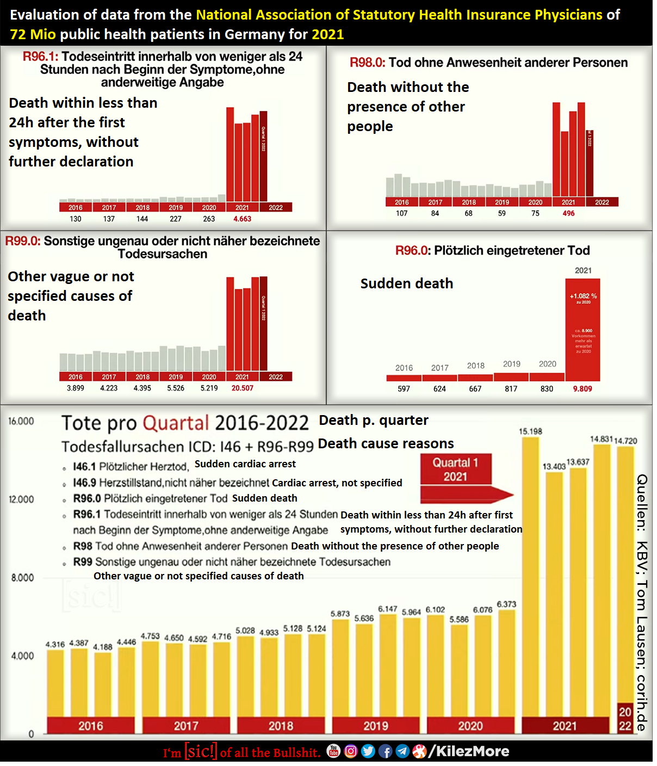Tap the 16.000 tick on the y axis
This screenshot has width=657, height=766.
pyautogui.click(x=21, y=421)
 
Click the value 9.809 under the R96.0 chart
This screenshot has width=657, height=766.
pyautogui.click(x=582, y=389)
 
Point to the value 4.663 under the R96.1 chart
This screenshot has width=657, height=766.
pyautogui.click(x=242, y=219)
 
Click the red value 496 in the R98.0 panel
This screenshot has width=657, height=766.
pyautogui.click(x=568, y=214)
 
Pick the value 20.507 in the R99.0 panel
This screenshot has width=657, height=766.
pyautogui.click(x=242, y=388)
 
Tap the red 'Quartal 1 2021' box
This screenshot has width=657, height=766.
pyautogui.click(x=455, y=470)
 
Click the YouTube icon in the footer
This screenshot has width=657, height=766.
pyautogui.click(x=333, y=751)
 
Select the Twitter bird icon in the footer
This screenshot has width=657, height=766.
pyautogui.click(x=368, y=751)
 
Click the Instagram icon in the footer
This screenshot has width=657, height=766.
pyautogui.click(x=351, y=751)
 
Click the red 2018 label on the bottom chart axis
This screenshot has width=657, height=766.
pyautogui.click(x=281, y=726)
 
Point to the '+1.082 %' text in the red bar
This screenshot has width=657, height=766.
pyautogui.click(x=583, y=296)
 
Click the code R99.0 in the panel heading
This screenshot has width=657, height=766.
pyautogui.click(x=23, y=241)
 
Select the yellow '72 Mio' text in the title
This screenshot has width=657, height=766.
pyautogui.click(x=33, y=34)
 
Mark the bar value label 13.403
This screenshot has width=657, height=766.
pyautogui.click(x=554, y=467)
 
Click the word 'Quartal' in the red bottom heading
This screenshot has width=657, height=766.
pyautogui.click(x=176, y=423)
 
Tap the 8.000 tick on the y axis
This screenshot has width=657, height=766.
pyautogui.click(x=22, y=578)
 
